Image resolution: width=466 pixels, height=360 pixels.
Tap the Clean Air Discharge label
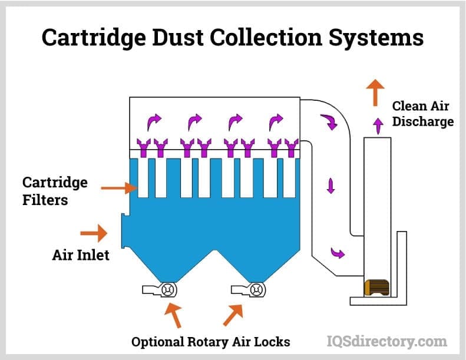tap(422, 114)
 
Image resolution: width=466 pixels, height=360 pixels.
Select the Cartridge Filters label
tap(55, 191)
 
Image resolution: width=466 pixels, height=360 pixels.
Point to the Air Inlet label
tap(81, 256)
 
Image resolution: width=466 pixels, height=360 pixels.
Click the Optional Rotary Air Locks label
tap(210, 342)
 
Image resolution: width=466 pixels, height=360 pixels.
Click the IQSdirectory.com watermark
tap(386, 341)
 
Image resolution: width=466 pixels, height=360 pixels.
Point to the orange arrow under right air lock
tap(233, 315)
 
